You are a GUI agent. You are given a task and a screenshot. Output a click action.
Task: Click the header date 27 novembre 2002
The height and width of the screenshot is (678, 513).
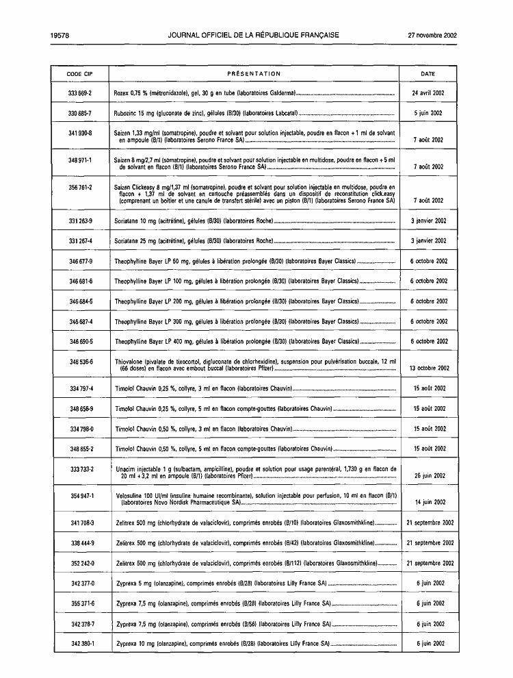432,35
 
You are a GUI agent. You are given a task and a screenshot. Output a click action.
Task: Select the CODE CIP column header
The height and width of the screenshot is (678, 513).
80,74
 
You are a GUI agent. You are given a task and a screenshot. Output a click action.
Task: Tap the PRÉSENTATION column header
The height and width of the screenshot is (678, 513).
253,74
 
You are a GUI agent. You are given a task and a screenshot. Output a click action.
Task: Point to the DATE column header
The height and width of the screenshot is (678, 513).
428,74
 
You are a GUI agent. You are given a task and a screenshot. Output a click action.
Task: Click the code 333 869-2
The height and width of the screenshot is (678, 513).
81,92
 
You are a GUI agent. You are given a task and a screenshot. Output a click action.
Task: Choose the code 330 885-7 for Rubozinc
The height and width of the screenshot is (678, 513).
81,112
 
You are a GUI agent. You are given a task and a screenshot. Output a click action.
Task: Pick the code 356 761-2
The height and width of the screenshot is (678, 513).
81,186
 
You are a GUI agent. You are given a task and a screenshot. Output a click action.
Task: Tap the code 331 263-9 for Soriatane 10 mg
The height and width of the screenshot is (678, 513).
81,221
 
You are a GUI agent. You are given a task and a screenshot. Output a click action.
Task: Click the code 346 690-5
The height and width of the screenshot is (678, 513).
81,341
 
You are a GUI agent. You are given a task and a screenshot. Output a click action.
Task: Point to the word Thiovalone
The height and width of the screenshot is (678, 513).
130,361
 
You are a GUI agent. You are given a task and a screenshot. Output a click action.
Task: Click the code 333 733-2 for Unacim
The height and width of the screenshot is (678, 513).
81,468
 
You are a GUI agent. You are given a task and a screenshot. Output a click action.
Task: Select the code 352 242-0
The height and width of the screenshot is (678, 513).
81,563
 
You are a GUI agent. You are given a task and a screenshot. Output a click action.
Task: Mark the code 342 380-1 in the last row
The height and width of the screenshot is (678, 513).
81,644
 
